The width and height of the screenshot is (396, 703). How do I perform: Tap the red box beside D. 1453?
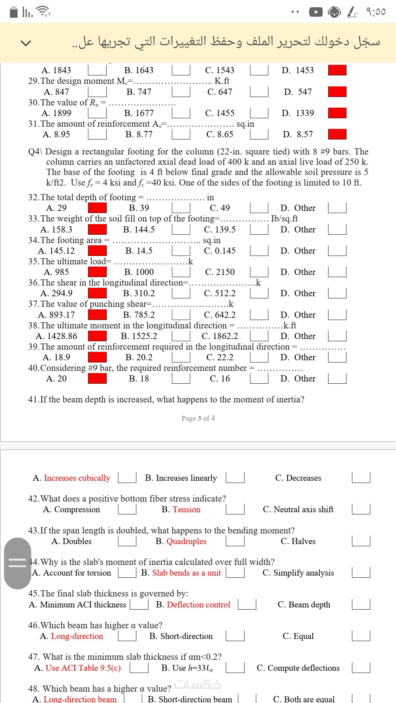(x=337, y=70)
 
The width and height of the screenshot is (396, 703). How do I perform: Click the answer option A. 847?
(x=56, y=92)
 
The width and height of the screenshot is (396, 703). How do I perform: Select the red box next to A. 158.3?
(x=97, y=230)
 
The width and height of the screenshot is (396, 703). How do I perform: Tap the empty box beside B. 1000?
(x=181, y=272)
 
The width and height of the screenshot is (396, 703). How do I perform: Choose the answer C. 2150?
(x=220, y=272)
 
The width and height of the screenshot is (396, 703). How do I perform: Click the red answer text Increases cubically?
(x=77, y=478)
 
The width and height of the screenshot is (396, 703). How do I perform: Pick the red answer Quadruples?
(x=186, y=541)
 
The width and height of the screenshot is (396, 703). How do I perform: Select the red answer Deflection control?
(x=198, y=605)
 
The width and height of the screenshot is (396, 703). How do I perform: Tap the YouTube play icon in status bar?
(x=316, y=12)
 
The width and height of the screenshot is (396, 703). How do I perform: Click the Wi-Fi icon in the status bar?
(x=44, y=12)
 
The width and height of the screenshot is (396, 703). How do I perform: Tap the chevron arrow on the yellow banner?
(x=26, y=43)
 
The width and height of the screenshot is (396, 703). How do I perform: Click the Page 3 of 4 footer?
(x=198, y=418)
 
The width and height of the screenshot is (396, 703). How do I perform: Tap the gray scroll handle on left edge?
(x=17, y=563)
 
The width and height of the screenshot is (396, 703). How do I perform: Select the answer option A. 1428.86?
(x=56, y=336)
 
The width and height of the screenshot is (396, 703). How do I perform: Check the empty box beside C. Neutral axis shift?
(x=361, y=509)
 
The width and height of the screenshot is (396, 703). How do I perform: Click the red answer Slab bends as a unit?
(x=186, y=573)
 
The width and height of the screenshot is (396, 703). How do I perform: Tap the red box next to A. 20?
(x=97, y=379)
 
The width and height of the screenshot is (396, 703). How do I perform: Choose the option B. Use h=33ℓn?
(x=187, y=668)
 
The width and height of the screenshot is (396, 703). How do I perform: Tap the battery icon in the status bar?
(x=14, y=12)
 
